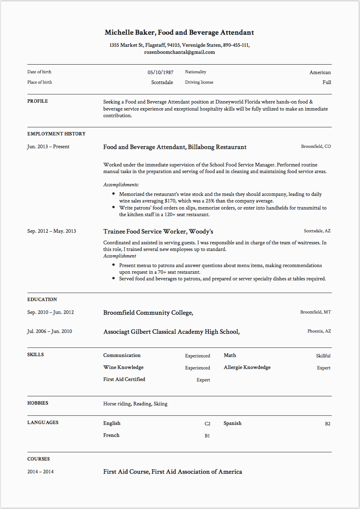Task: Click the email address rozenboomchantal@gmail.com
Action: coord(179,52)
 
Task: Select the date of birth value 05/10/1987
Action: coord(160,72)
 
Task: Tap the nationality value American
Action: coord(320,72)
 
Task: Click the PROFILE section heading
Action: coord(38,101)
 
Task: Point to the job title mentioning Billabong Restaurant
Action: coord(175,147)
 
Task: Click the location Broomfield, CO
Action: coord(316,147)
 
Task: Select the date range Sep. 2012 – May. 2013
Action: coord(52,231)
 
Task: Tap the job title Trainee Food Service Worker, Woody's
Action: coord(158,232)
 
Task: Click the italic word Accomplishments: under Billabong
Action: coord(121,185)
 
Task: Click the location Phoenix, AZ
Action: coord(319,331)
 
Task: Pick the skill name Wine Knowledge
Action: coord(123,367)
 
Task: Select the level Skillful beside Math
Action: coord(323,356)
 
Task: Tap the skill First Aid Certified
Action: coord(124,379)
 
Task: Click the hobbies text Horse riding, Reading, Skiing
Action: coord(135,404)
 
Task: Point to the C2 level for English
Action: coord(207,424)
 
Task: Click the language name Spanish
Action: coord(232,423)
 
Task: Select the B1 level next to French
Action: coord(207,436)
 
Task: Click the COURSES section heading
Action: coord(39,459)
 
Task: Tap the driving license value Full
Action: coord(327,82)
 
